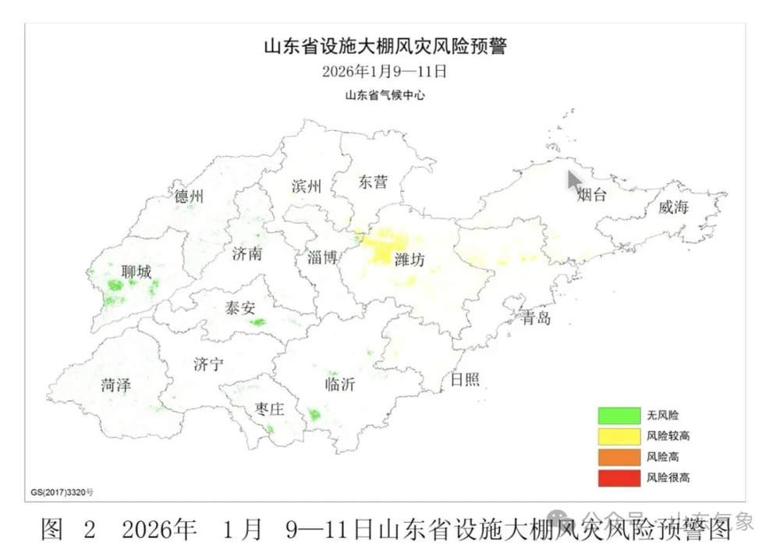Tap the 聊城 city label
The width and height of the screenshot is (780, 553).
[x=136, y=272]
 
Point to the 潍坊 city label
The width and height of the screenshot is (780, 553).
[x=409, y=260]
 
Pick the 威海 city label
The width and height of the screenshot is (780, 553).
[x=674, y=207]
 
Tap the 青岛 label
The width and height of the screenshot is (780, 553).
[x=537, y=318]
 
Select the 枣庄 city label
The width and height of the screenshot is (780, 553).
[x=270, y=409]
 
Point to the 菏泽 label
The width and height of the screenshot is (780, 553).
[x=115, y=385]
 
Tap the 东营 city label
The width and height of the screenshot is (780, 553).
[x=372, y=183]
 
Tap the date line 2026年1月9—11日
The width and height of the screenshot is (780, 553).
[x=385, y=72]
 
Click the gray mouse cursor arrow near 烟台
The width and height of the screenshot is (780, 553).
[x=575, y=181]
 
